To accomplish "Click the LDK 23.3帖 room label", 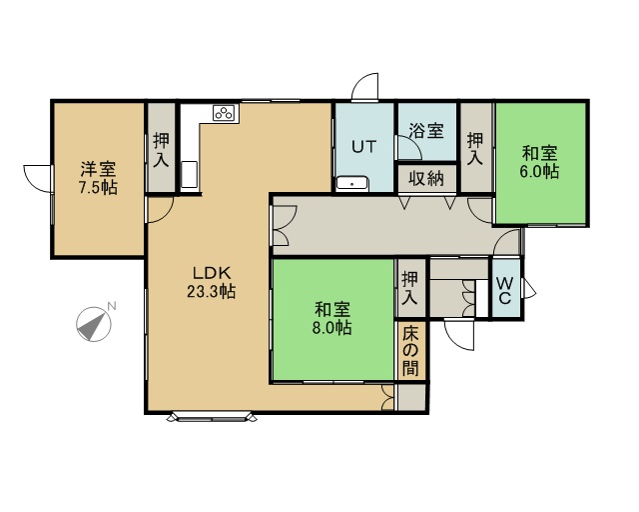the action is (x=211, y=282).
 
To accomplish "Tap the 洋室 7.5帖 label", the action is (x=98, y=178).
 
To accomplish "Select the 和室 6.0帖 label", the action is (x=539, y=162).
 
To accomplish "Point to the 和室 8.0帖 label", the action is (x=332, y=318).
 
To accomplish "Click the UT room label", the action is (x=363, y=147).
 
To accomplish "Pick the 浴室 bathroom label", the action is (x=426, y=131).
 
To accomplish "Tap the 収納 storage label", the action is (x=426, y=178).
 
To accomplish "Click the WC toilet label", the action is (x=505, y=290).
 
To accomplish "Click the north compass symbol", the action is (x=94, y=324).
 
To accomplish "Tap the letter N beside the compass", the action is (x=111, y=305).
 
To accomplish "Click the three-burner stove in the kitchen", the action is (x=224, y=113).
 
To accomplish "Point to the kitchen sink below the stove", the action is (x=189, y=174).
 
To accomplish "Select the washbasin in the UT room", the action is (x=352, y=184).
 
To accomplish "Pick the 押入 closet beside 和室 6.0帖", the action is (x=475, y=149).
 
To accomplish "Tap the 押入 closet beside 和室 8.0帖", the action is (x=409, y=288).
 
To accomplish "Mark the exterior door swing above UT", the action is (x=365, y=86).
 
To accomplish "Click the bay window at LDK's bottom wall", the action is (x=213, y=417).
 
